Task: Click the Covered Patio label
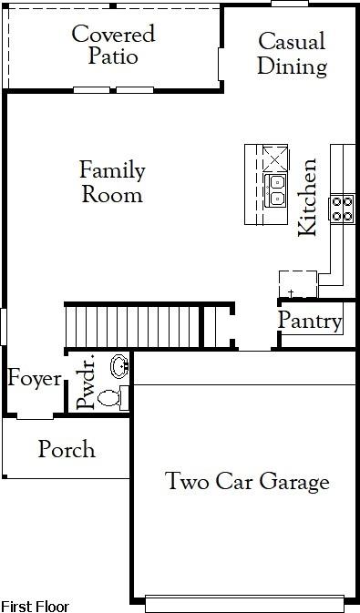113,45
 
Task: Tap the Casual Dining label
293,53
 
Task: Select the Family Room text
112,182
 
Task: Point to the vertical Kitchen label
307,197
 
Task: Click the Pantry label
310,322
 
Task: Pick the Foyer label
35,379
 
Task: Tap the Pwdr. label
86,382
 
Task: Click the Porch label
67,449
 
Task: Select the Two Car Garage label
247,481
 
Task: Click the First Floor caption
36,606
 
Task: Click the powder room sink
119,366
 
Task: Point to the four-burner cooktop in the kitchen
342,209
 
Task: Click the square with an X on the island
275,158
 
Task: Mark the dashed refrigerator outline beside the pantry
298,284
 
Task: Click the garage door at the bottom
245,604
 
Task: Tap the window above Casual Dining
290,4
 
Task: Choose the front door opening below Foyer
36,416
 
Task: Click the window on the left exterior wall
3,327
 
